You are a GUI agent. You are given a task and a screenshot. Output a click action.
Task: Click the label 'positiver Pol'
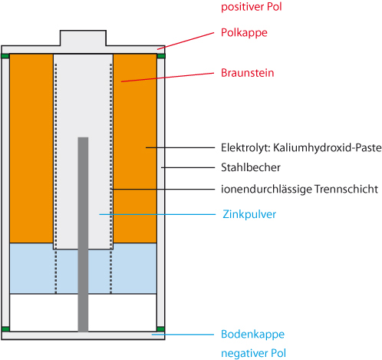tap(252, 7)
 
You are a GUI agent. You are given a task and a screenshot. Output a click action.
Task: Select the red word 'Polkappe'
tap(244, 33)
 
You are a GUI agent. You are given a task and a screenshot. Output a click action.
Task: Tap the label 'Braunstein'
tap(248, 73)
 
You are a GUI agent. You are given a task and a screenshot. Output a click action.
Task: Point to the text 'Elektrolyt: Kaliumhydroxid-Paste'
tap(301, 148)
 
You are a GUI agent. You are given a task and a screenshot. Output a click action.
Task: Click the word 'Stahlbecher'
tap(251, 167)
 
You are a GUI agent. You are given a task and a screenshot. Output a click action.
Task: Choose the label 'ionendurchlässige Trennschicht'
tap(299, 190)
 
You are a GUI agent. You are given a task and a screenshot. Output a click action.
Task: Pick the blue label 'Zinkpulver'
tap(249, 214)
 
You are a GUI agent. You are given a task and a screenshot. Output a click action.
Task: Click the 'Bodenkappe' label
tap(252, 335)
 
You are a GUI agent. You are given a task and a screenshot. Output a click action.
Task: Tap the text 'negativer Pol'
tap(253, 353)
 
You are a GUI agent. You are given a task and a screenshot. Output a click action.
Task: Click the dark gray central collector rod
tap(83, 234)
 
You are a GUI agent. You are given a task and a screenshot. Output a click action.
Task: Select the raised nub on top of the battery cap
tap(83, 38)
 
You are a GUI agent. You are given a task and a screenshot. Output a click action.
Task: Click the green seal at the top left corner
tap(5, 56)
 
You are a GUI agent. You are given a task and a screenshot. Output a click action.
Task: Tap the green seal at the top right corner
tap(161, 56)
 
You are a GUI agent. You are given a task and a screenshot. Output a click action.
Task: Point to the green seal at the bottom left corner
tap(5, 329)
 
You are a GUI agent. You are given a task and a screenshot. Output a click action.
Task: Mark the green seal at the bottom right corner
tap(161, 329)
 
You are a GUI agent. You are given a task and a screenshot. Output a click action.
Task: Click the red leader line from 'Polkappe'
tap(186, 41)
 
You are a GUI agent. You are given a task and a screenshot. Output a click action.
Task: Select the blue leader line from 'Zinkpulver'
tap(157, 214)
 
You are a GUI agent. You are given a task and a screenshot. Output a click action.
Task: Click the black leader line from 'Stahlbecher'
tap(188, 167)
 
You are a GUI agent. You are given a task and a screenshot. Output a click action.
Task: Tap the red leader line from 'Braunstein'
tap(167, 78)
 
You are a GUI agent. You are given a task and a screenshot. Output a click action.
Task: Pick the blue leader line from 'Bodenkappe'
tap(183, 335)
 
